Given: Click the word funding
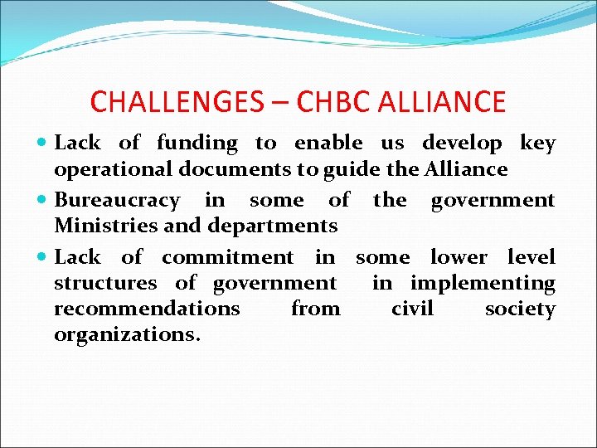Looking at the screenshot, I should [x=197, y=144].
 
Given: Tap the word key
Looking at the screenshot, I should [x=537, y=144].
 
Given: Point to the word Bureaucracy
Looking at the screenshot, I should [x=116, y=201].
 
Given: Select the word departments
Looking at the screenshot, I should [x=273, y=226].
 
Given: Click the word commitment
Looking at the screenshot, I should [x=227, y=258].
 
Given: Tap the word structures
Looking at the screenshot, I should [x=105, y=283].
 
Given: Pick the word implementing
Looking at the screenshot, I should [x=483, y=283].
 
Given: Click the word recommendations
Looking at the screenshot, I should [x=147, y=309].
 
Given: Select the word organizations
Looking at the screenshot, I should [x=127, y=334].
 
